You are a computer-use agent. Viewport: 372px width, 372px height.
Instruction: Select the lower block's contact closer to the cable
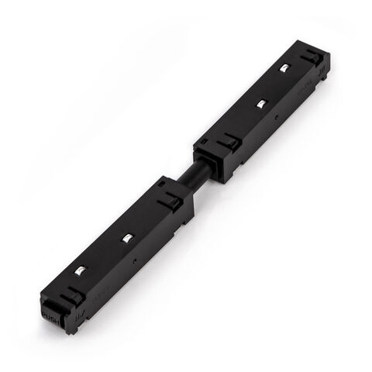click(125, 237)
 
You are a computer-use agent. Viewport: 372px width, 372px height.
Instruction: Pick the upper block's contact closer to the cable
click(261, 102)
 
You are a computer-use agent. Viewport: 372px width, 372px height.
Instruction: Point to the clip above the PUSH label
click(71, 297)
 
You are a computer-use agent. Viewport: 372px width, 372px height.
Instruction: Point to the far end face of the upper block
click(324, 68)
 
